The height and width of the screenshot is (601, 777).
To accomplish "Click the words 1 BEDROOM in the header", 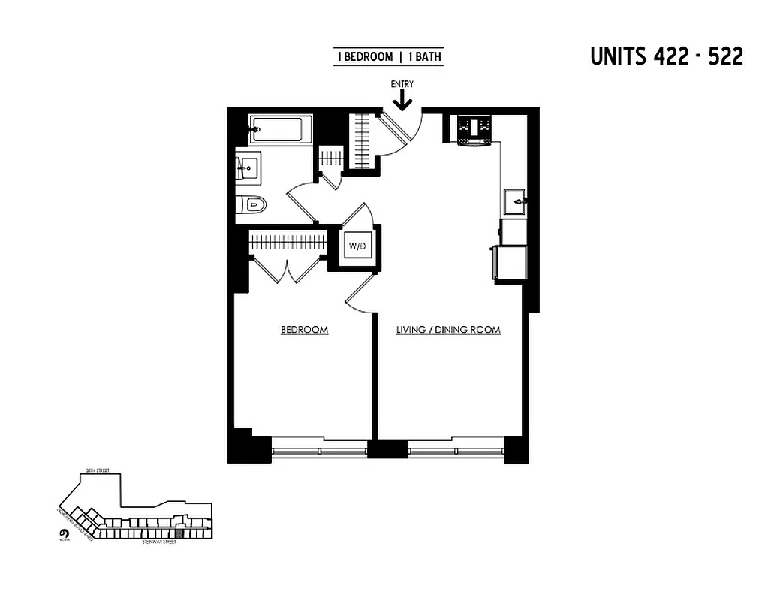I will coord(365,57).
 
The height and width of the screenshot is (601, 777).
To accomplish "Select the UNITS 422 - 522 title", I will coord(667,57).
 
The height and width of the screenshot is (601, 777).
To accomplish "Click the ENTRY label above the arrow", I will coord(402,84).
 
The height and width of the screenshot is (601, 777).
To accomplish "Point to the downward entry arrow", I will coord(402,100).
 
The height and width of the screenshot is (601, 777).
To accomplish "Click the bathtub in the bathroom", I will coord(279,130).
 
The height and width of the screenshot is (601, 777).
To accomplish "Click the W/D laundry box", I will coord(356,246).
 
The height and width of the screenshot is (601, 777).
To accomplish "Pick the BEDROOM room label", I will coord(304,330).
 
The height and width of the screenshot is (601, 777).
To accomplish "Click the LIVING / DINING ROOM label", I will coord(448,330).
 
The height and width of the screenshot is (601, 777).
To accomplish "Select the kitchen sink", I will coord(516,201).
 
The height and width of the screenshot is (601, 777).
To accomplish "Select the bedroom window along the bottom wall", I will coord(319,451).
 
